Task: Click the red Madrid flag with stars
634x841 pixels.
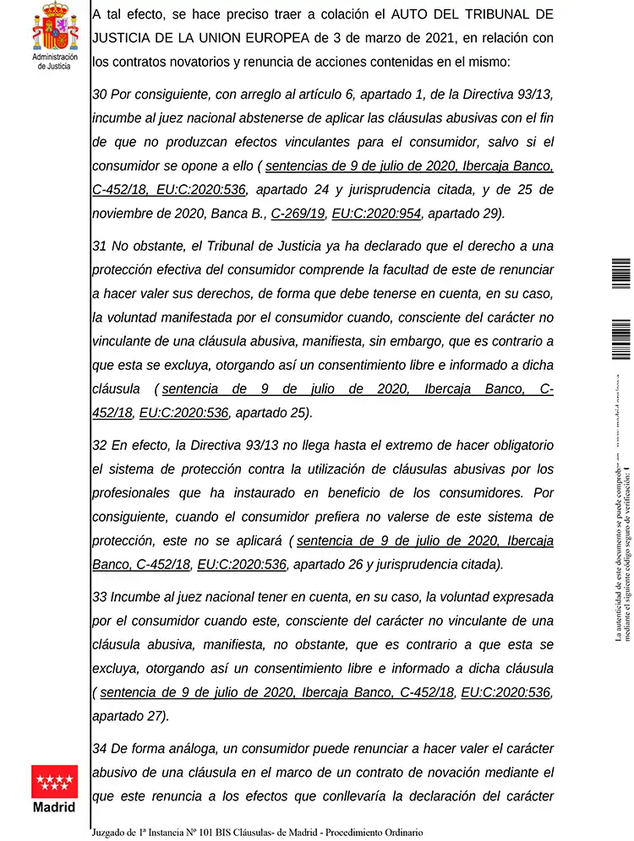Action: [54, 781]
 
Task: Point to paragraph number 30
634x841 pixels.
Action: [99, 95]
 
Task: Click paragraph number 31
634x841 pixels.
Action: [99, 246]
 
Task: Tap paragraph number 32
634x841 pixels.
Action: [99, 445]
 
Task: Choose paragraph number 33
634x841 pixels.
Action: [99, 596]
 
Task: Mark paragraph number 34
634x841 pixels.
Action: [99, 748]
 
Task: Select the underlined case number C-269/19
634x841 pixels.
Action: [298, 213]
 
